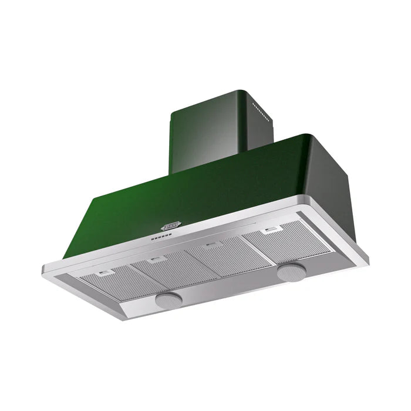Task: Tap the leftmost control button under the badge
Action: pyautogui.click(x=151, y=239)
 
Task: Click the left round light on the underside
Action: pyautogui.click(x=169, y=299)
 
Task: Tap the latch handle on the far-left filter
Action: pyautogui.click(x=106, y=273)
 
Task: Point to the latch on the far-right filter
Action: pyautogui.click(x=270, y=230)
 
